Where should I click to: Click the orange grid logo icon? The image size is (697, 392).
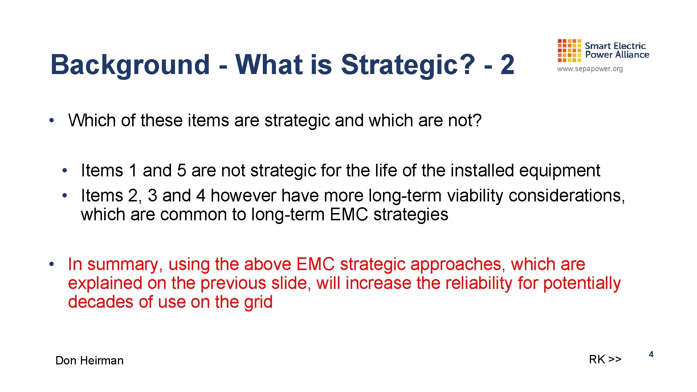(x=569, y=51)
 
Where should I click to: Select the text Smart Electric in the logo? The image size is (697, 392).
(x=615, y=46)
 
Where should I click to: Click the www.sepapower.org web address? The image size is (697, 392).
(x=590, y=69)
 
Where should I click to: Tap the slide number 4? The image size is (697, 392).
(x=651, y=355)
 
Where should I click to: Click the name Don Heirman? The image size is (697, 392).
(x=89, y=360)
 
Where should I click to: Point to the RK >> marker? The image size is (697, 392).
(x=605, y=359)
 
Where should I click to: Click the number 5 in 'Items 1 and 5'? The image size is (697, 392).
(x=182, y=171)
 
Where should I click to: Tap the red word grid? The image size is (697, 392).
(x=258, y=302)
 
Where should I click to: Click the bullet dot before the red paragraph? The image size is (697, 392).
(x=52, y=264)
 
